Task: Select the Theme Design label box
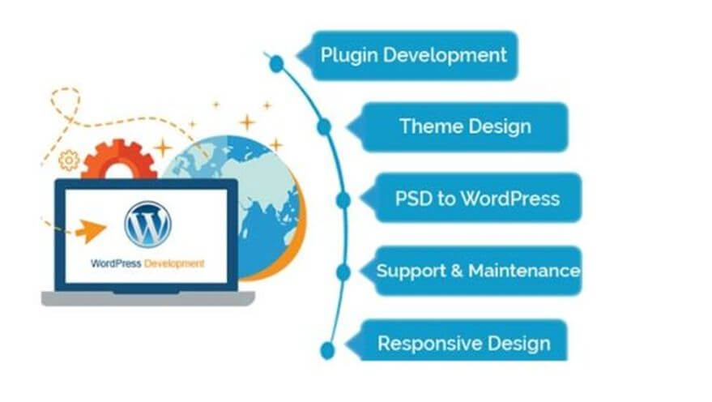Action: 458,126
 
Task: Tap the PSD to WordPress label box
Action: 472,198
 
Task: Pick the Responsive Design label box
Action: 458,340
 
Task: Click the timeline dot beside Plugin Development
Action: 276,64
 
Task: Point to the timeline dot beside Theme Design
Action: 324,127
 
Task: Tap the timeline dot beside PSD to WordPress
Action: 343,200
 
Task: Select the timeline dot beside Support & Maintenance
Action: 343,272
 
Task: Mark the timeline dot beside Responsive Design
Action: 327,350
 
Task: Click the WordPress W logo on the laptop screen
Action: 147,225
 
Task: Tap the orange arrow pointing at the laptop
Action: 91,230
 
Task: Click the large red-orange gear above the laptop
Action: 119,160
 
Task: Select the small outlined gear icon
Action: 69,160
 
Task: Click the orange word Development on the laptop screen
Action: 174,263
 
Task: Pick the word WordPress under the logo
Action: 116,263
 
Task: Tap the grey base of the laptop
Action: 148,299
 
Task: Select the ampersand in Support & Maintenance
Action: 457,272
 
